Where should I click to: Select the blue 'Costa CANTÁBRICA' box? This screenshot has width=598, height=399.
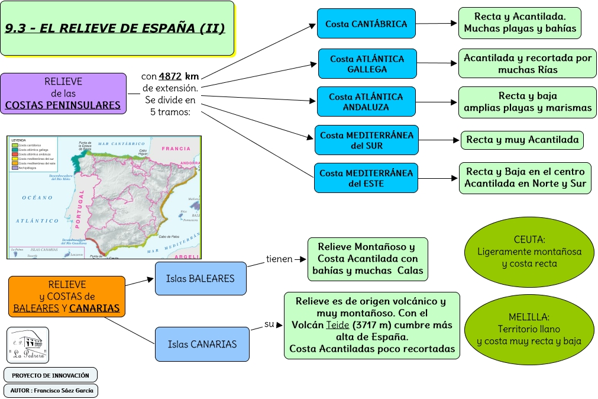pos(366,24)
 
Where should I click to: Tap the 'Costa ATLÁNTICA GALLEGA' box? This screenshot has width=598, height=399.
pos(367,64)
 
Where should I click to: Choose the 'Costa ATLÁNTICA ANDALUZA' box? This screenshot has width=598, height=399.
pos(366,102)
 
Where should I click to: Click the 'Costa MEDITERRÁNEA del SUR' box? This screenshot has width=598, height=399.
pos(366,140)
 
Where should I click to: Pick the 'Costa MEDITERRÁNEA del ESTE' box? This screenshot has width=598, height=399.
pos(366,178)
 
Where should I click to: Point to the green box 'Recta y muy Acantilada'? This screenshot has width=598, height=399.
pos(522,140)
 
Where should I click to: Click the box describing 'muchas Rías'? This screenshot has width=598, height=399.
pos(527,64)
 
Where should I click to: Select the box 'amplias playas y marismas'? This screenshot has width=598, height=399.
pos(527,102)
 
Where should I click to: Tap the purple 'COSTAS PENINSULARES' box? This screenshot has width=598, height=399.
pos(63,94)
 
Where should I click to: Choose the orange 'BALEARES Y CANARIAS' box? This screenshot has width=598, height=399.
pos(67,296)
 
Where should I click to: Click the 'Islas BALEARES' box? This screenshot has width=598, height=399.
pos(201,278)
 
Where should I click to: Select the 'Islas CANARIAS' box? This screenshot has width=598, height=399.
pos(202,344)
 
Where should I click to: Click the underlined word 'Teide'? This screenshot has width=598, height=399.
pos(337,325)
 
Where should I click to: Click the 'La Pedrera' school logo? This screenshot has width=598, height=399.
pos(27,345)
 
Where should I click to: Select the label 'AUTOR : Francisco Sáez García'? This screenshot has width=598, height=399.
pos(50,391)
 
